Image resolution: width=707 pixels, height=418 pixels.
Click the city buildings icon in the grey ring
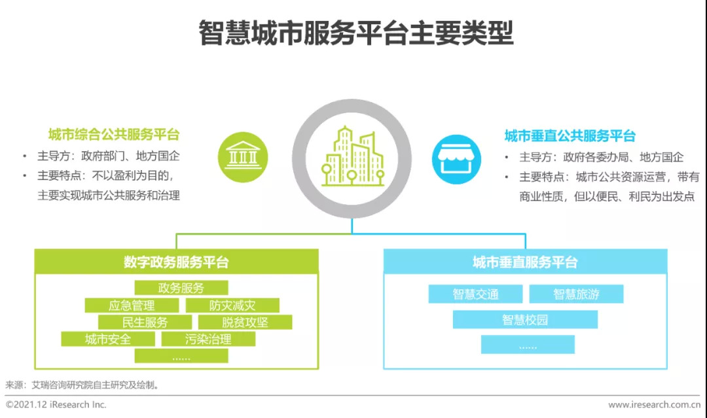coord(352,158)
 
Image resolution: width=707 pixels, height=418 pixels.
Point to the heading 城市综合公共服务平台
coord(113,135)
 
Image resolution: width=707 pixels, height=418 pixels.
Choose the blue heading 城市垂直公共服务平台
coord(570,136)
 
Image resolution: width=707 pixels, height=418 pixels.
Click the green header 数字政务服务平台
coord(176,262)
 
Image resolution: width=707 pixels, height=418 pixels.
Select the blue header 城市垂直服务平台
coord(525,262)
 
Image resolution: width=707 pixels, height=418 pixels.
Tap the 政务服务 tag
coord(181,288)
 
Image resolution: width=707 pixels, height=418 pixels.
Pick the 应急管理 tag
coord(132,305)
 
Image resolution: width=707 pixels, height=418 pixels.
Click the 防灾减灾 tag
coord(232,305)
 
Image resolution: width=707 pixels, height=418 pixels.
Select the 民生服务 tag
coord(145,322)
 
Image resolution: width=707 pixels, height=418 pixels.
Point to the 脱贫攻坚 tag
coord(245,322)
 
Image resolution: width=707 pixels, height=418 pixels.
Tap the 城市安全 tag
coord(108,340)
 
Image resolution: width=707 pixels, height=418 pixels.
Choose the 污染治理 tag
coord(209,340)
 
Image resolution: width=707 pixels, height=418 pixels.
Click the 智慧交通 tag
coord(476,294)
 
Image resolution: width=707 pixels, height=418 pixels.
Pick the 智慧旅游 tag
coord(576,294)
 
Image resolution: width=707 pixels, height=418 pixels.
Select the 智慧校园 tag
coord(525,320)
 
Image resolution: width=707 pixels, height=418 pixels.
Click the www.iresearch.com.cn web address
coord(654,405)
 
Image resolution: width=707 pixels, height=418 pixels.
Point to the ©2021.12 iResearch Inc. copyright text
coord(56,405)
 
